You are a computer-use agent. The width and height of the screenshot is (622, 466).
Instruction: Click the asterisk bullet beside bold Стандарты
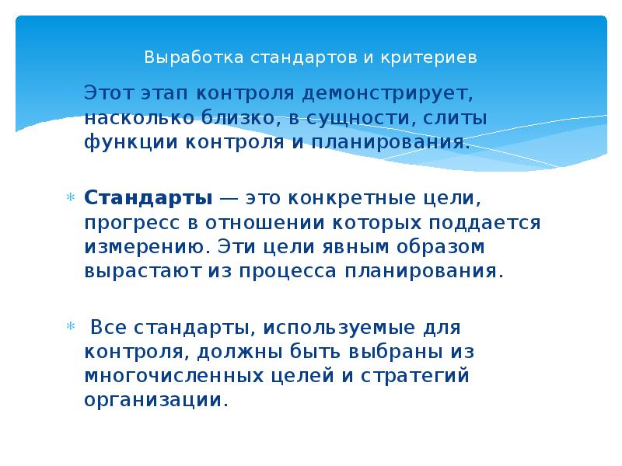pyautogui.click(x=68, y=196)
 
